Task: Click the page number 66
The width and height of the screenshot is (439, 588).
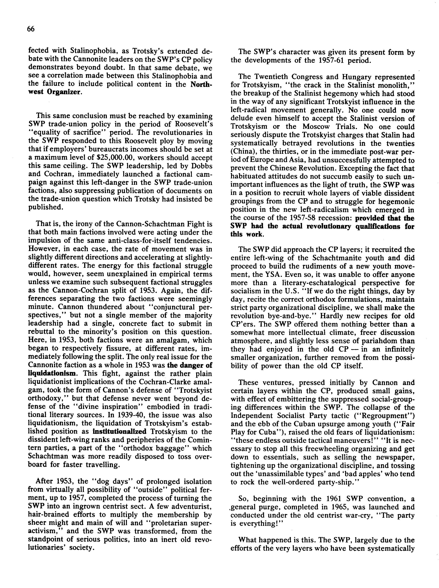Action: [x=31, y=29]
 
